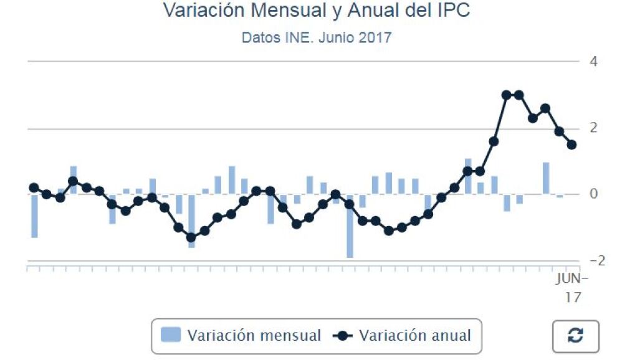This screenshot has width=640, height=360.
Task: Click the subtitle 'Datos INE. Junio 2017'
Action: tap(317, 37)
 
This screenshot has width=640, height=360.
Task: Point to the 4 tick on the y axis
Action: tap(594, 62)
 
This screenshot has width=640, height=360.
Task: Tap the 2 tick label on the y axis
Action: tap(594, 128)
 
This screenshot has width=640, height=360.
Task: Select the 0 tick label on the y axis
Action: tap(594, 194)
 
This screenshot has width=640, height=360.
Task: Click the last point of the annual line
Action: tap(571, 144)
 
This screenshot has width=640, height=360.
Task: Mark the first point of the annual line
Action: tap(34, 187)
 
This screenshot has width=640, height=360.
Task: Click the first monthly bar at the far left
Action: tap(34, 216)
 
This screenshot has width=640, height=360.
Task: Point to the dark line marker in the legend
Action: tap(343, 336)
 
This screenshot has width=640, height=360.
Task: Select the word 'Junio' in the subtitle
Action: tap(337, 37)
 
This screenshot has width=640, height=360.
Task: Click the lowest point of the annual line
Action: tap(191, 237)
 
